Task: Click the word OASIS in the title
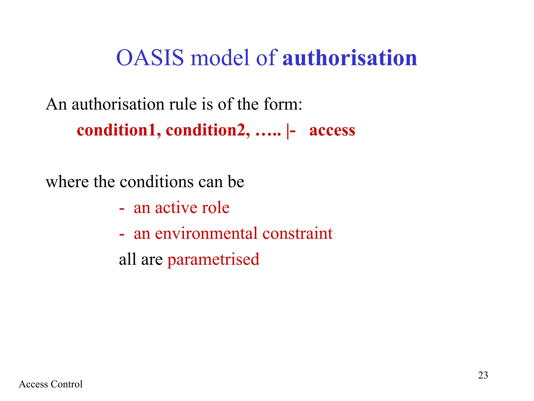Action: point(150,58)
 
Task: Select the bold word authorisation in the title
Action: point(350,58)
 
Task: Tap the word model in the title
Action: point(220,58)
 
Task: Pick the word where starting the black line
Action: point(67,182)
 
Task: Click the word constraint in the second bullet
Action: point(297,233)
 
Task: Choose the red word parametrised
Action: point(213,260)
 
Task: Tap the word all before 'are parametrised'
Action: point(128,259)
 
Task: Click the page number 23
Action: point(483,375)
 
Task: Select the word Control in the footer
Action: point(66,384)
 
